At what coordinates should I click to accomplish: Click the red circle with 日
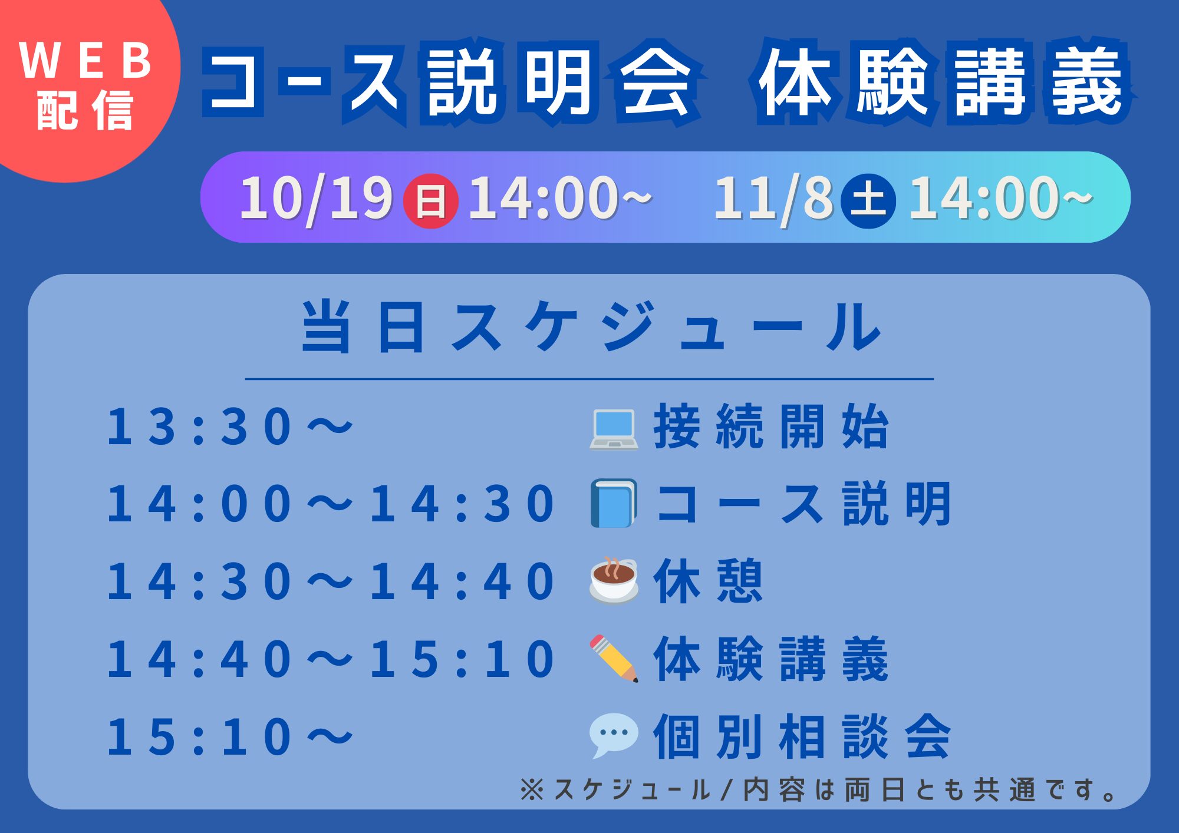(430, 201)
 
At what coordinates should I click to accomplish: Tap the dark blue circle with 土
(868, 201)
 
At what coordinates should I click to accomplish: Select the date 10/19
(317, 199)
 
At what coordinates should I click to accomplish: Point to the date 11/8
(773, 199)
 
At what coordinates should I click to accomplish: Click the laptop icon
(614, 429)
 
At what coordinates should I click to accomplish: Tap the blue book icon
(614, 503)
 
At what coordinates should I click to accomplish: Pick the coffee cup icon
(614, 580)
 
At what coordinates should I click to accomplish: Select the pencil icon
(614, 659)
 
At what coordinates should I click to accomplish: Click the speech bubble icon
(614, 735)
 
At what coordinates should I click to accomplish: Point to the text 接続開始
(771, 427)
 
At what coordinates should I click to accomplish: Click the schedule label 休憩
(708, 581)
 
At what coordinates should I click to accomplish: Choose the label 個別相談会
(802, 736)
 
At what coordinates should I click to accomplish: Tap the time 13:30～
(230, 426)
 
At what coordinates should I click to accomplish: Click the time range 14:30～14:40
(331, 581)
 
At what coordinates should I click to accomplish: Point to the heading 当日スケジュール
(591, 326)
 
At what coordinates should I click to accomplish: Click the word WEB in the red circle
(86, 60)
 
